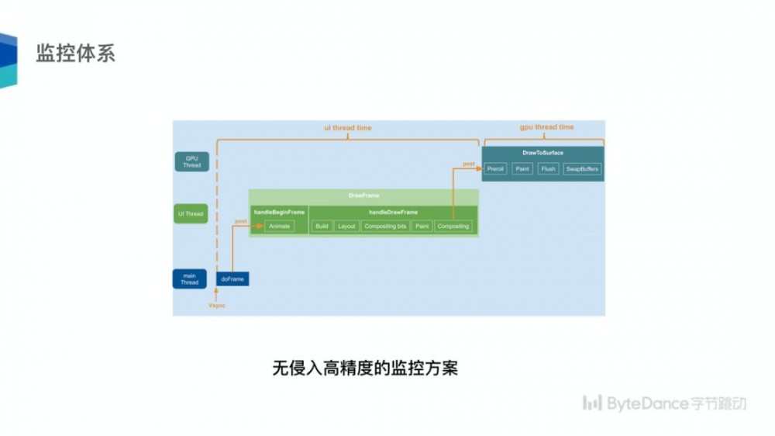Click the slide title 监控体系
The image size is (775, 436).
(75, 54)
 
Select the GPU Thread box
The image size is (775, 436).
(191, 161)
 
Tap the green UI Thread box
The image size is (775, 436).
(191, 213)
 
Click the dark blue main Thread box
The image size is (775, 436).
(190, 279)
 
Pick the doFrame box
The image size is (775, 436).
(232, 279)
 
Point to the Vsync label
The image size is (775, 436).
(217, 306)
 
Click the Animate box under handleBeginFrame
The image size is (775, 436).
(279, 227)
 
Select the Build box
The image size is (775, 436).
(322, 227)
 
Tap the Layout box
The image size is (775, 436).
(346, 227)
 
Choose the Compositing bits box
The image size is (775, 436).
(385, 227)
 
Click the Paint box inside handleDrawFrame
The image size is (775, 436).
(422, 227)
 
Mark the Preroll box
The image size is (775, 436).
(496, 168)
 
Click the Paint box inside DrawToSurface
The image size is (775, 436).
(523, 168)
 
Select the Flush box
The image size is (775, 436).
(549, 168)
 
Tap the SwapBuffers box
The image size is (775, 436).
(582, 168)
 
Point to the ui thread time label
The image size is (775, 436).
(347, 128)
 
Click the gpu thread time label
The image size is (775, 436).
(546, 127)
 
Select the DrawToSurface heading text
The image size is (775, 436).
(543, 153)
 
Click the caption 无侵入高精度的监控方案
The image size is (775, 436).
(365, 367)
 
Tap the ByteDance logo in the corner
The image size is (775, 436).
(664, 403)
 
